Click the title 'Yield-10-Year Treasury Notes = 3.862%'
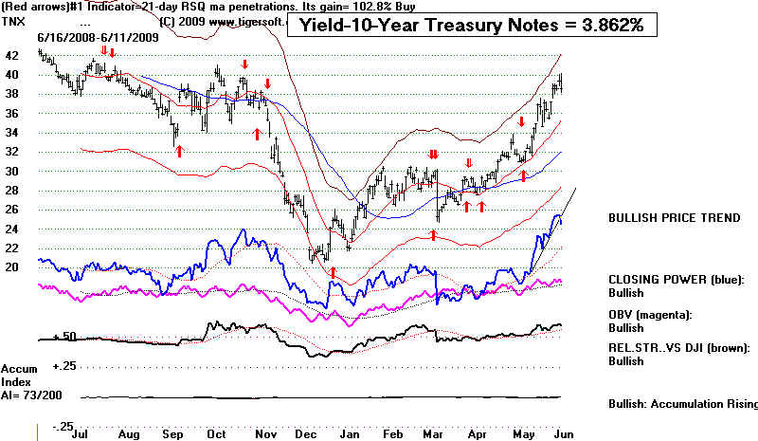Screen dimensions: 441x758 [x=471, y=26]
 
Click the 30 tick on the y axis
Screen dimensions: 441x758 [x=11, y=171]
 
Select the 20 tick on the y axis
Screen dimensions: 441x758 [x=11, y=267]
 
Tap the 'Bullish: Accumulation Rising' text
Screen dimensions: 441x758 [x=682, y=404]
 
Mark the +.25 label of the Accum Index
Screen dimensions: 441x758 [x=64, y=365]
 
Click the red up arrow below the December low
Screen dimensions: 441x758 [x=333, y=273]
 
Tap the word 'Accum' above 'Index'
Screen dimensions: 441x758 [x=19, y=368]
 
